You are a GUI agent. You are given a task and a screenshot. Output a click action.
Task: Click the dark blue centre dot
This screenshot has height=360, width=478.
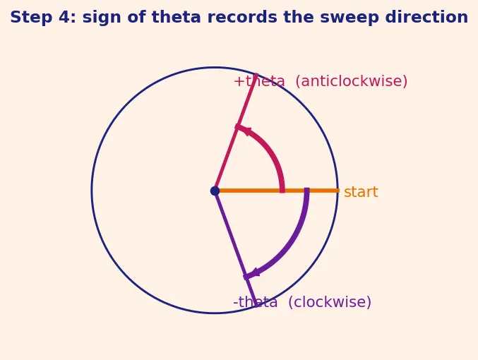point(215,191)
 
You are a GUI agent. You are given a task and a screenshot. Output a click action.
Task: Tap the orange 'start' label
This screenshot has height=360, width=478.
point(361,192)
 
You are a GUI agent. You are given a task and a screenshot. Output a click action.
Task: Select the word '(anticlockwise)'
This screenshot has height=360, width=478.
point(351,81)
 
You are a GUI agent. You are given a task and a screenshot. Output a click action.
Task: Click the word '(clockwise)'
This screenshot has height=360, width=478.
point(330,302)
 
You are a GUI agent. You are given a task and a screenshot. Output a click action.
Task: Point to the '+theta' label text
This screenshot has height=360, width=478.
point(259,81)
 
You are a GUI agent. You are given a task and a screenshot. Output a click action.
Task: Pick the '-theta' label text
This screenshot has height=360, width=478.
point(256,302)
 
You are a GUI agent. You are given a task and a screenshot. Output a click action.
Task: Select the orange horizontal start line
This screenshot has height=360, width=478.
point(277,191)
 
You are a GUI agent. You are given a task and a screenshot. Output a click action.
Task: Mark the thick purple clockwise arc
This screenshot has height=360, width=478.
point(289,244)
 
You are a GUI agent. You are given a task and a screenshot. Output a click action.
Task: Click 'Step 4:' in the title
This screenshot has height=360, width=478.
point(43,17)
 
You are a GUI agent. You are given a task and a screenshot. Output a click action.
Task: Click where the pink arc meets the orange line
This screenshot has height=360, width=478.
point(282,191)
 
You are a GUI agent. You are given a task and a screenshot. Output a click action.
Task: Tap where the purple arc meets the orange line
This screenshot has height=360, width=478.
point(307,191)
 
